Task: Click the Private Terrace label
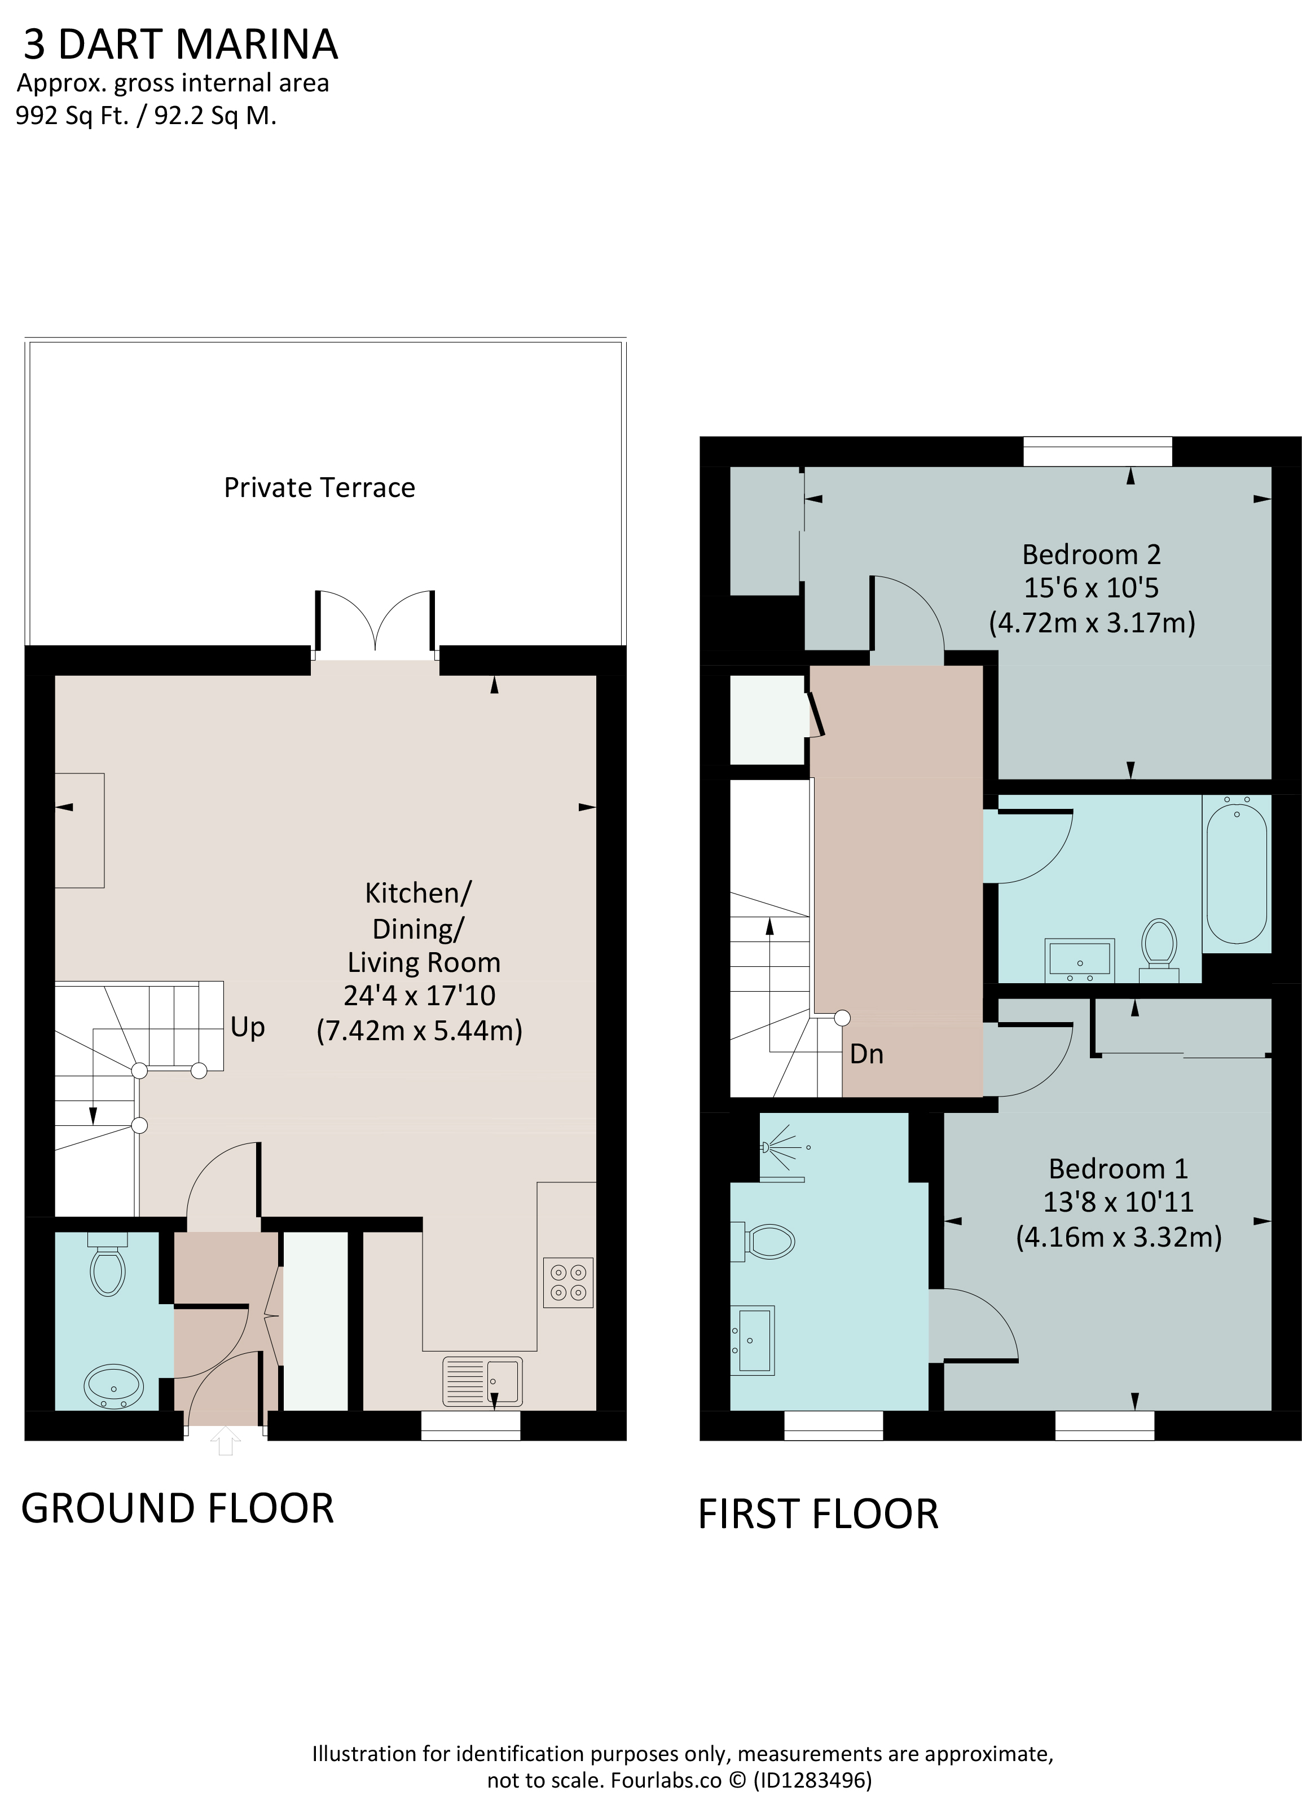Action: point(319,487)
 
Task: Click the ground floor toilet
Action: point(108,1264)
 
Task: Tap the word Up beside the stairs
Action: point(248,1027)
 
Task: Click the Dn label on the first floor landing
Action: point(866,1053)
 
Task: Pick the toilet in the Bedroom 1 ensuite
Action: point(762,1241)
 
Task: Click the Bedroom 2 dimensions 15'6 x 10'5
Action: point(1091,588)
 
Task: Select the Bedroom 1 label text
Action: point(1118,1169)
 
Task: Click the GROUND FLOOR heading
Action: point(178,1509)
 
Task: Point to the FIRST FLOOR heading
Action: point(819,1514)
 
